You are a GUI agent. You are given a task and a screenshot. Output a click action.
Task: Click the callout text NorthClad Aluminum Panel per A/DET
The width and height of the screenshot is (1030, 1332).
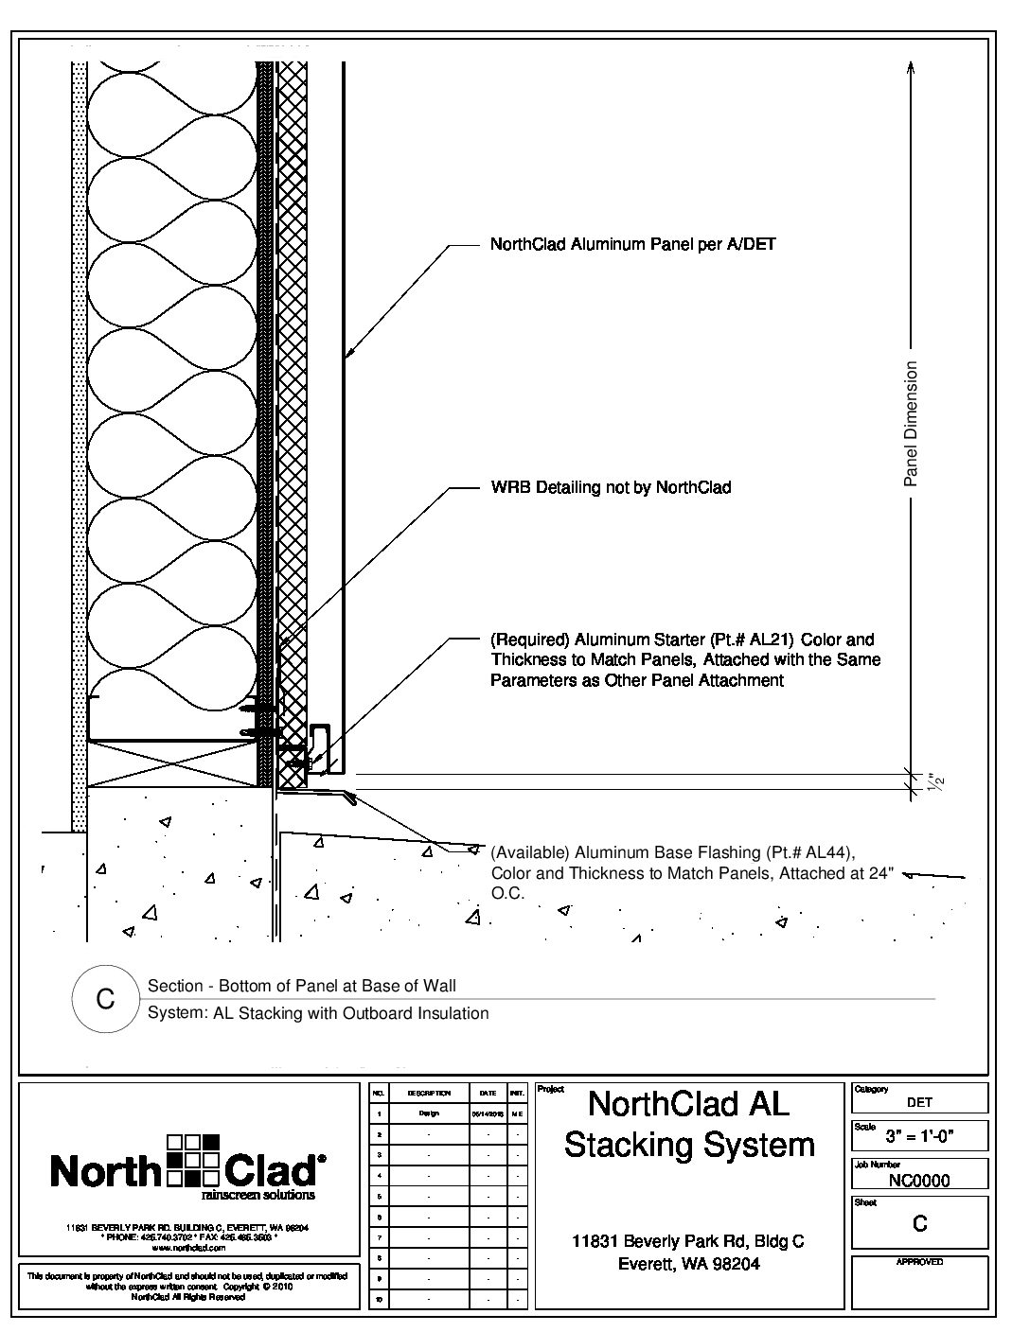[x=632, y=245]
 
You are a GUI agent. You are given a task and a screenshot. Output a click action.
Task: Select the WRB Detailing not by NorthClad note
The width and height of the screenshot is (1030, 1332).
[x=611, y=488]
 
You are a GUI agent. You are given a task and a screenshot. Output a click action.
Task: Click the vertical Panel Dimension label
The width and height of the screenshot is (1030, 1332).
[x=911, y=424]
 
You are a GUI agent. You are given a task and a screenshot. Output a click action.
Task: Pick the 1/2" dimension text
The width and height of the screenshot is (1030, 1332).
[x=937, y=783]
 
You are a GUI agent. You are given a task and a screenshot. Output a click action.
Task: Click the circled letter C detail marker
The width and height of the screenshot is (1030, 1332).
[x=106, y=999]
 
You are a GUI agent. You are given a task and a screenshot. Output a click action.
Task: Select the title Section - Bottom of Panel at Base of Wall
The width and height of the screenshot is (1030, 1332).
[x=302, y=986]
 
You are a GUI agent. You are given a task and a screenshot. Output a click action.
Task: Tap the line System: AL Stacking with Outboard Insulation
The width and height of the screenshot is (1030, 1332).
[x=318, y=1013]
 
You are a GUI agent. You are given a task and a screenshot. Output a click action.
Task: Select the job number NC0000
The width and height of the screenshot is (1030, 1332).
[x=919, y=1180]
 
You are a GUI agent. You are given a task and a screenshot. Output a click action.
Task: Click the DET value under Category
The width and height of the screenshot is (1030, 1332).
[x=919, y=1102]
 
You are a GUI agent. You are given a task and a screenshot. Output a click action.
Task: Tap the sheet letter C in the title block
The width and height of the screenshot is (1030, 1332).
[x=919, y=1224]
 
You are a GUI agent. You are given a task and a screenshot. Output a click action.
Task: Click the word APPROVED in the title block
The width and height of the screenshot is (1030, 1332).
[x=919, y=1262]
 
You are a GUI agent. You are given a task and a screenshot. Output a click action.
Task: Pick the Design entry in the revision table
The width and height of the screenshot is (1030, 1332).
[x=429, y=1113]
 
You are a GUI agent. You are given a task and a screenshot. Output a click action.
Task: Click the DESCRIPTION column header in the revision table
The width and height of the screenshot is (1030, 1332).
[x=429, y=1093]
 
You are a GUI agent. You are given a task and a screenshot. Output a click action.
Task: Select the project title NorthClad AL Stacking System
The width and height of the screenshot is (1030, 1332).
[x=689, y=1124]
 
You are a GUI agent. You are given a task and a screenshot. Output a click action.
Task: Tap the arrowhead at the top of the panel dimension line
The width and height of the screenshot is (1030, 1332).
[x=911, y=66]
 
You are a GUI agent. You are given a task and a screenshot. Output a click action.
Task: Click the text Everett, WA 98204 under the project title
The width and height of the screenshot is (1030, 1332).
[x=688, y=1264]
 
